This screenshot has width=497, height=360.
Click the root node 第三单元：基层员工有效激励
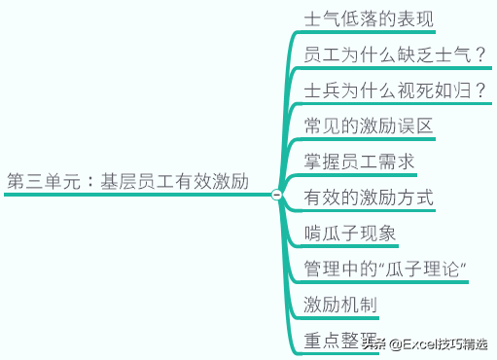point(128,181)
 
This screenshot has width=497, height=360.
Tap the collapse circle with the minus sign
point(276,195)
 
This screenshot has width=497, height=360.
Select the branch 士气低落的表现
point(369,19)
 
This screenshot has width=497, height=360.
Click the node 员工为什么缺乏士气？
point(394,54)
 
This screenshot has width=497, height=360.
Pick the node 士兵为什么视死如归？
point(394,91)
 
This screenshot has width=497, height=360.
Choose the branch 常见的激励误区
point(368,126)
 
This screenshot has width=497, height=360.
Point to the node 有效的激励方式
point(369,198)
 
